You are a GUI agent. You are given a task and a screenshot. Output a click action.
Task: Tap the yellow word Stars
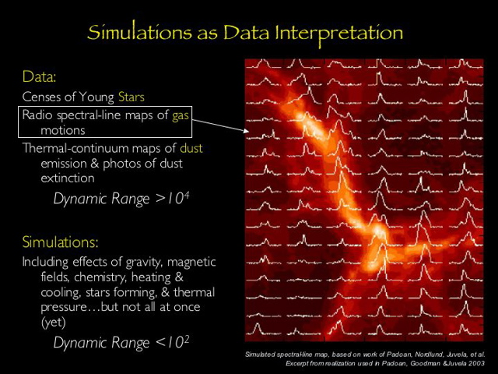click(x=132, y=97)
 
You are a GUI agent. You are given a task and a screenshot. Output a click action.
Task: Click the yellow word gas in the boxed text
click(x=181, y=115)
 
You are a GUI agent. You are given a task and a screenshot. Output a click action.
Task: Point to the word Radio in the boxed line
click(x=36, y=115)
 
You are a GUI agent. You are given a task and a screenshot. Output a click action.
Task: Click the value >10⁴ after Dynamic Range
click(x=173, y=199)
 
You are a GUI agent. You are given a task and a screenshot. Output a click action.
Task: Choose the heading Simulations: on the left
click(x=60, y=242)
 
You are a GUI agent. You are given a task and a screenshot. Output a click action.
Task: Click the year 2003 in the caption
click(x=474, y=364)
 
